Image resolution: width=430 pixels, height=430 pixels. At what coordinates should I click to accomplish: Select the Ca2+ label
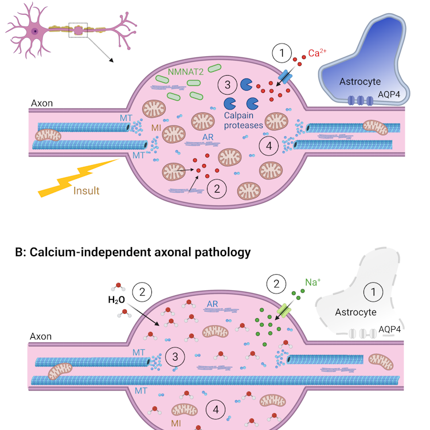point(318,53)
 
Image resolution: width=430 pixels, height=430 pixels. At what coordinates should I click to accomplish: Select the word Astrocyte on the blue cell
point(360,81)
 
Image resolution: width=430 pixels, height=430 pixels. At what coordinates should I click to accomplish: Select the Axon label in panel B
point(41,337)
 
